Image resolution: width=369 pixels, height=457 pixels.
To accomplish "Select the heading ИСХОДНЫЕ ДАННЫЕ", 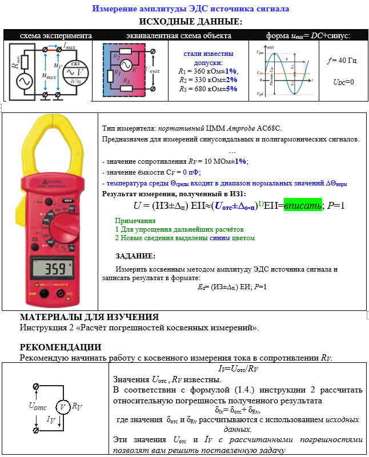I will (190, 22).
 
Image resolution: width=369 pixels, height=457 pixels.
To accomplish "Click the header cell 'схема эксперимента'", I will (48, 35).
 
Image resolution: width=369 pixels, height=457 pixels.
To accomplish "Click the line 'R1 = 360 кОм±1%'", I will (207, 71).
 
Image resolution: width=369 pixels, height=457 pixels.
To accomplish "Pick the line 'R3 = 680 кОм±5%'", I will (207, 89).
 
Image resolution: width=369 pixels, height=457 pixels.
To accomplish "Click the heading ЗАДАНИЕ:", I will (135, 256).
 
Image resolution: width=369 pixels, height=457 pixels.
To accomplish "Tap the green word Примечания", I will (135, 220).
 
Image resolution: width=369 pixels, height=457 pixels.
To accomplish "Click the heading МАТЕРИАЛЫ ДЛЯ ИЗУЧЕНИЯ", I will (89, 317).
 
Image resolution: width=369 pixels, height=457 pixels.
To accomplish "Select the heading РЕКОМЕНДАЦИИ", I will (61, 347).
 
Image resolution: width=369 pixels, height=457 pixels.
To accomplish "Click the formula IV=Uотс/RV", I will (237, 369).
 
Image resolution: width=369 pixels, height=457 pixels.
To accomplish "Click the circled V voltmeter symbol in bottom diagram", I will (61, 407).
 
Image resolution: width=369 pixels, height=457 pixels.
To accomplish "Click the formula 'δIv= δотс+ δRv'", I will (237, 410).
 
